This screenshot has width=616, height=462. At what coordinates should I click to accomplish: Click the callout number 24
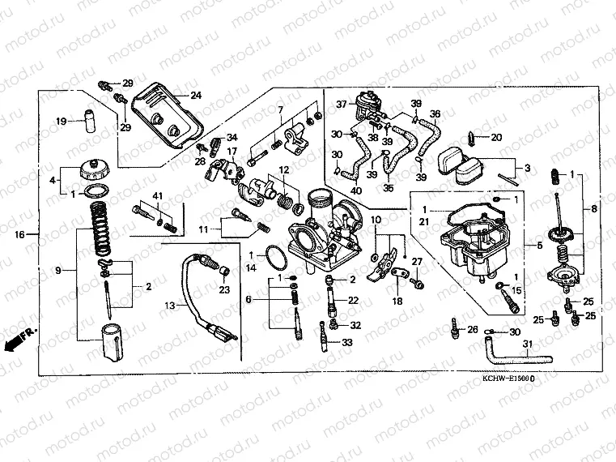[x=197, y=95]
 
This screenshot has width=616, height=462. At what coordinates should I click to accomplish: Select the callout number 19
[x=61, y=122]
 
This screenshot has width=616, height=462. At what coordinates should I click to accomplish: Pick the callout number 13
[x=169, y=306]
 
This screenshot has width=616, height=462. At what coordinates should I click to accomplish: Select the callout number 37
[x=341, y=104]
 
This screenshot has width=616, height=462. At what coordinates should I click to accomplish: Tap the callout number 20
[x=496, y=137]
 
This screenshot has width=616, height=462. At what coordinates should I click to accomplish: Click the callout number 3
[x=527, y=169]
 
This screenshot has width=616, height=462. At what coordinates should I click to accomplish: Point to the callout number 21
[x=423, y=220]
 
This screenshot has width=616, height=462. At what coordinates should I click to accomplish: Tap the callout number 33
[x=347, y=344]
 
